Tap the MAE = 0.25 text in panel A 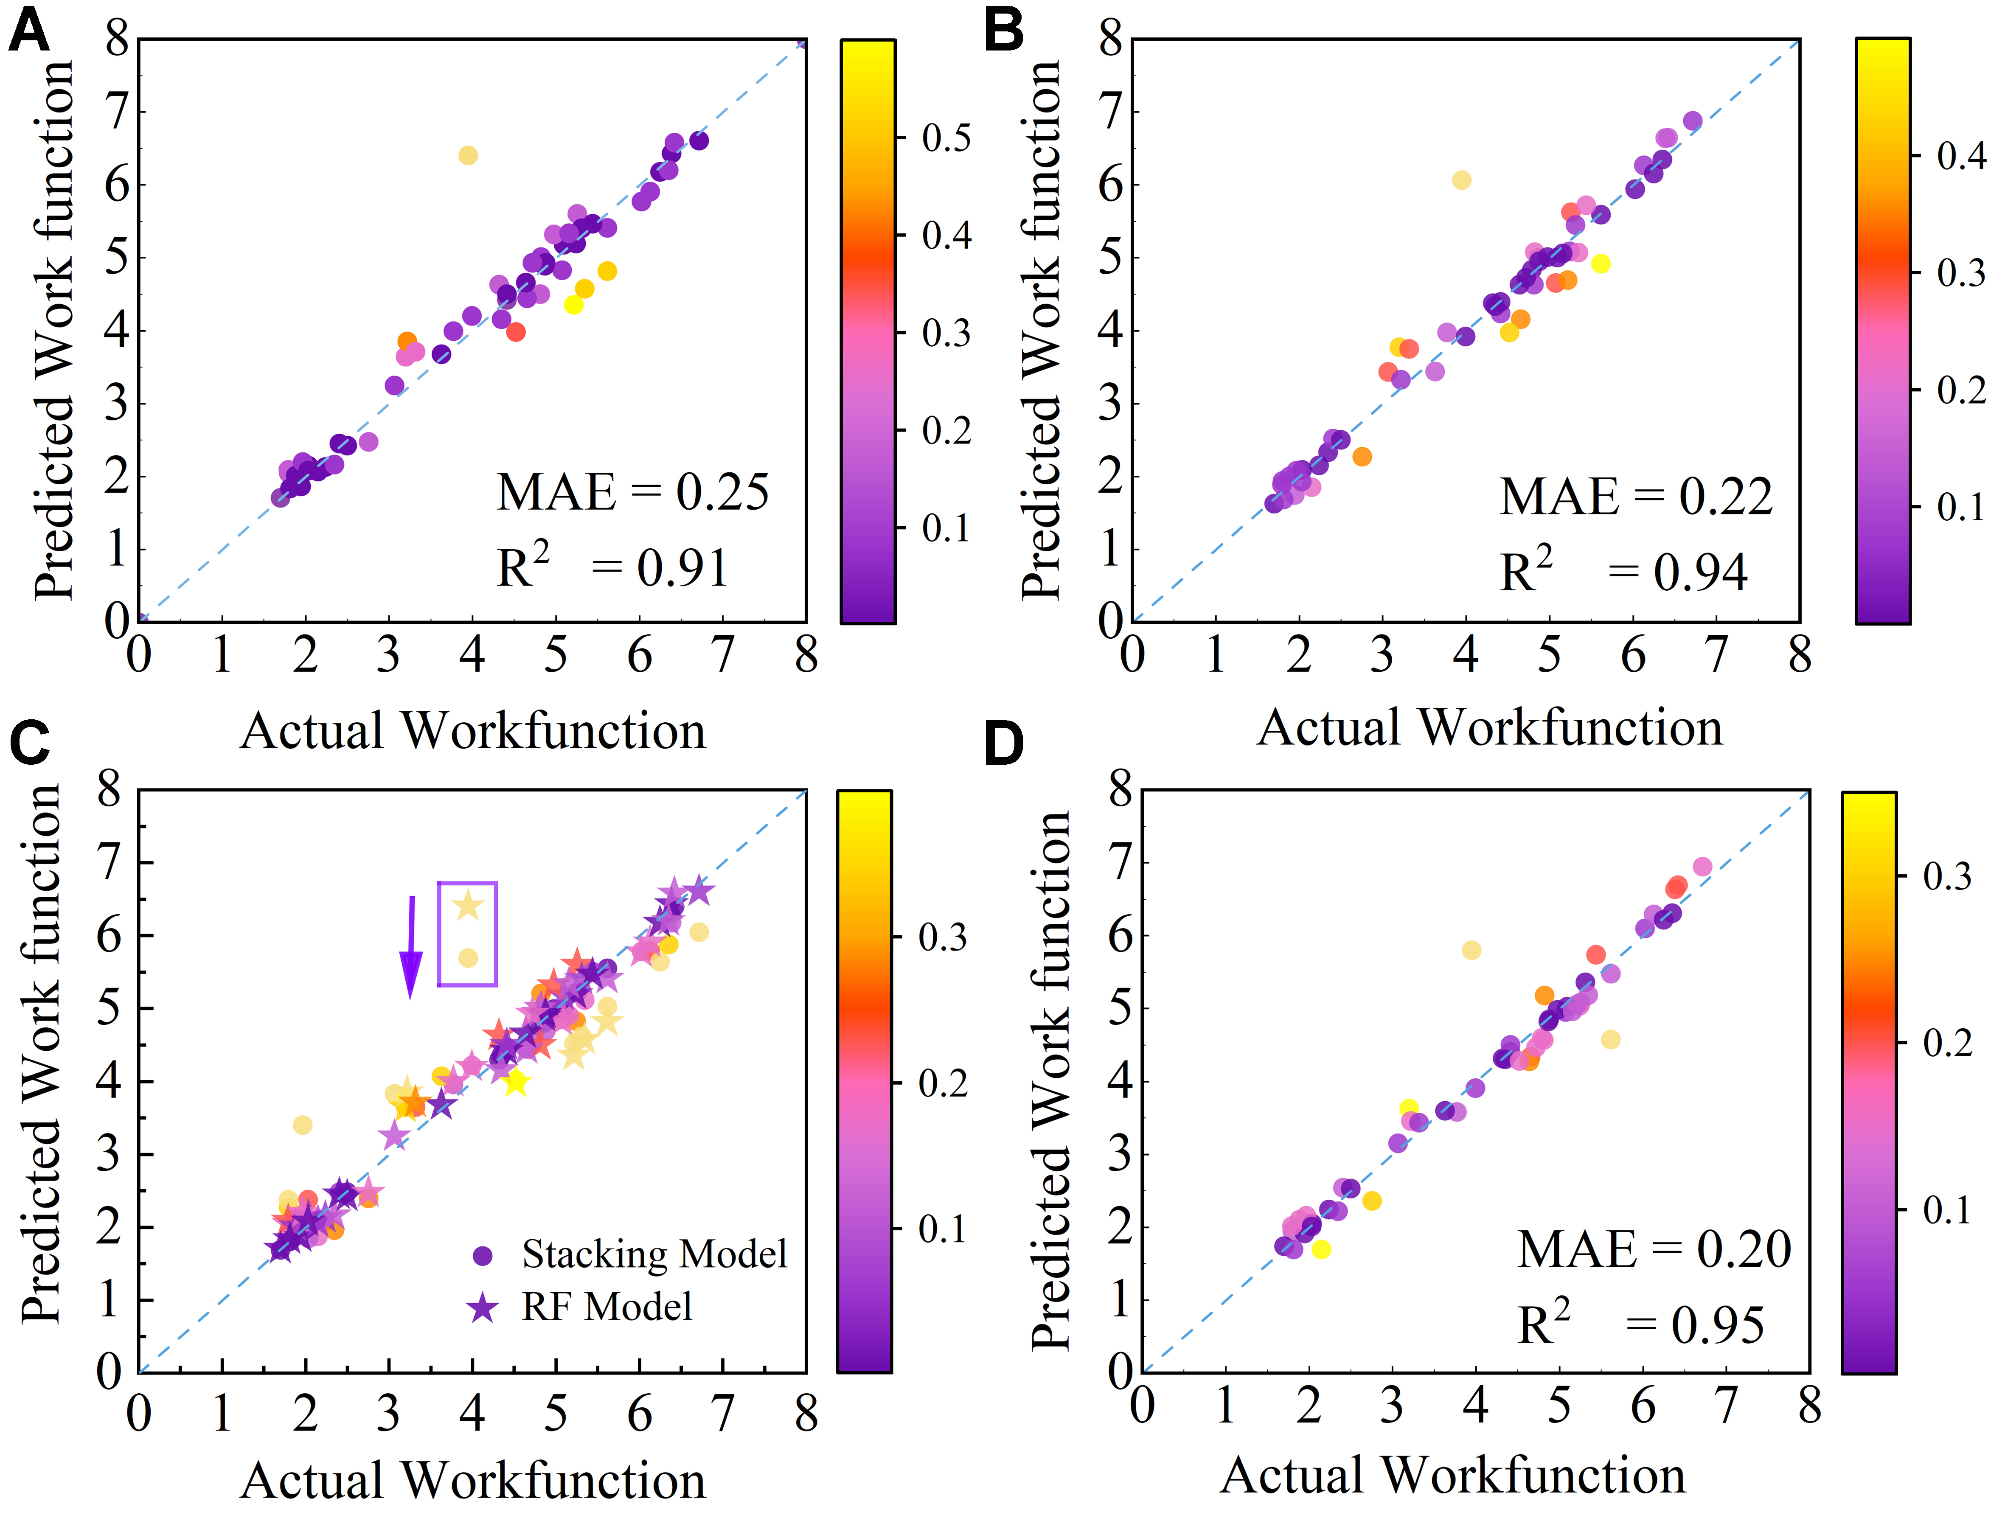point(632,492)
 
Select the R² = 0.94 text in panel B point(1623,571)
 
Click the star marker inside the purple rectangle point(468,905)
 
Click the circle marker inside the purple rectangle point(468,958)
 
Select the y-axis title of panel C point(41,1056)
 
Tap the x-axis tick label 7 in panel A point(722,654)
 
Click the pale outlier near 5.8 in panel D point(1471,950)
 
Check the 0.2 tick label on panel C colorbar point(943,1083)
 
